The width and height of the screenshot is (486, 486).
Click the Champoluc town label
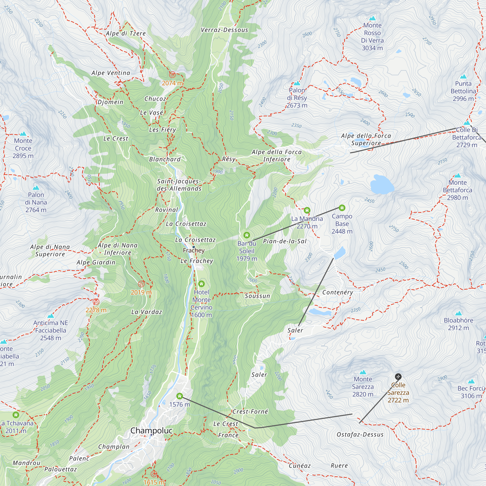click(x=151, y=430)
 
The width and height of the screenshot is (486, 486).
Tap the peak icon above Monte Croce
click(x=23, y=134)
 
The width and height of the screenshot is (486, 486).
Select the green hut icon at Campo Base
click(x=342, y=208)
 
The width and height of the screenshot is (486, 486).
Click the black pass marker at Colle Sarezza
click(x=398, y=377)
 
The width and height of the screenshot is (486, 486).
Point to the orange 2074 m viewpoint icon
click(x=172, y=74)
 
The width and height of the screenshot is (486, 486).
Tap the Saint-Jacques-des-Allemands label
click(x=179, y=185)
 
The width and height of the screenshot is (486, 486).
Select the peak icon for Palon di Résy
click(x=297, y=83)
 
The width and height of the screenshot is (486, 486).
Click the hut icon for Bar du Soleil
click(x=246, y=235)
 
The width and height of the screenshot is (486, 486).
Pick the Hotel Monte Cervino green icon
click(x=201, y=284)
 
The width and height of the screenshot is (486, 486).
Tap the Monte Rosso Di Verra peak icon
click(x=372, y=18)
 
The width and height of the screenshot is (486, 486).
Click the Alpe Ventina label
click(x=111, y=73)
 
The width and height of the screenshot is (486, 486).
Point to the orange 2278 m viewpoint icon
click(x=96, y=302)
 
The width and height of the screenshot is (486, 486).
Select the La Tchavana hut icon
click(x=16, y=415)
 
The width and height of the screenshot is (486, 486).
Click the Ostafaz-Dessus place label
click(x=360, y=435)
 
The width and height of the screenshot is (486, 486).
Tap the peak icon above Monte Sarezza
click(x=363, y=372)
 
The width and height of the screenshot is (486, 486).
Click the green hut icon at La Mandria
click(x=307, y=210)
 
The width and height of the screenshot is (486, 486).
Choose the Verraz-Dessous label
click(x=224, y=30)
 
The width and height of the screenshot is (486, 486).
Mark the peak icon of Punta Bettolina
click(x=463, y=77)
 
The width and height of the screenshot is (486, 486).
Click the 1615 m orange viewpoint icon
click(x=154, y=474)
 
